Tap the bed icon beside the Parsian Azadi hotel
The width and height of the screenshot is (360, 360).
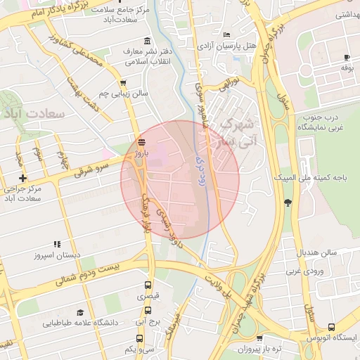pos(226,34)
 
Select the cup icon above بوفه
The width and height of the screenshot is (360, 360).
pos(346,57)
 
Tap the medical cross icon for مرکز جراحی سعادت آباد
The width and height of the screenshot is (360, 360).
pos(22,178)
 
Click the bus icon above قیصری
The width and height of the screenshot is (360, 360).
pos(148,285)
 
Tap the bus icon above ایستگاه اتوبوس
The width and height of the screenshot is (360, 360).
pos(331,327)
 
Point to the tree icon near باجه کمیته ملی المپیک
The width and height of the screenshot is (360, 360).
pos(288,203)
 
